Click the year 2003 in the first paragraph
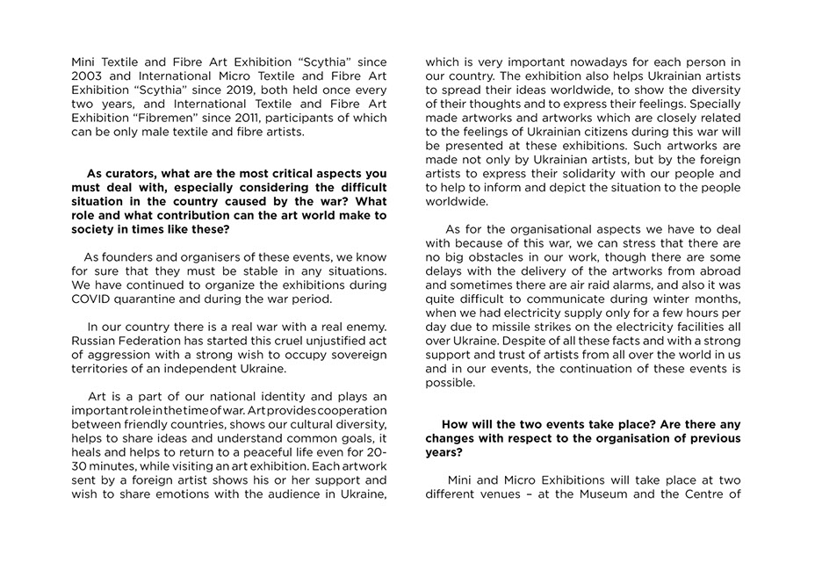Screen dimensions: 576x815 88,76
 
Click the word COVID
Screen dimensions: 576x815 91,299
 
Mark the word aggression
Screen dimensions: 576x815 116,355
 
